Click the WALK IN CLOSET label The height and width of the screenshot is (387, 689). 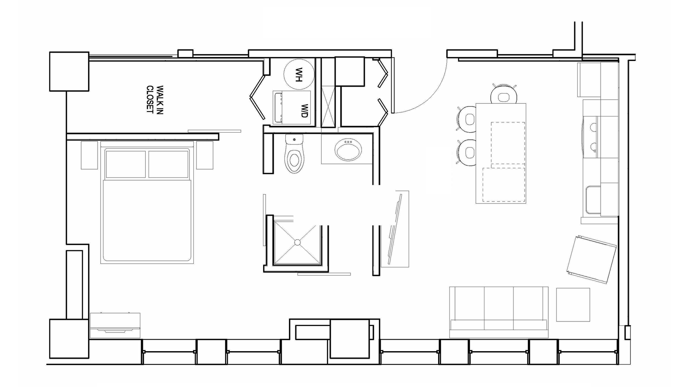[155, 99]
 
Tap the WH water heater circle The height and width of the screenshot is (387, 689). [299, 75]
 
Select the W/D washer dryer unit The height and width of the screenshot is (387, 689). [292, 107]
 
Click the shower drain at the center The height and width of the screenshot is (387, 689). [297, 243]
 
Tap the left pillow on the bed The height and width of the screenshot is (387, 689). [126, 164]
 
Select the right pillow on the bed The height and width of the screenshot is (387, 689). [168, 164]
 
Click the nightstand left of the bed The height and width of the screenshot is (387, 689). [89, 155]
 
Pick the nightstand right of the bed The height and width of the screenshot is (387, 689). [205, 155]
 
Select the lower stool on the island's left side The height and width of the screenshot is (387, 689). [467, 152]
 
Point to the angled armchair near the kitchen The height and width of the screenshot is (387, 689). [591, 259]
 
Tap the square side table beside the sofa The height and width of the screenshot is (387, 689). [573, 305]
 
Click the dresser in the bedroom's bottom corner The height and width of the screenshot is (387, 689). [115, 325]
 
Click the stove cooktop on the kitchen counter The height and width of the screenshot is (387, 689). [590, 137]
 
